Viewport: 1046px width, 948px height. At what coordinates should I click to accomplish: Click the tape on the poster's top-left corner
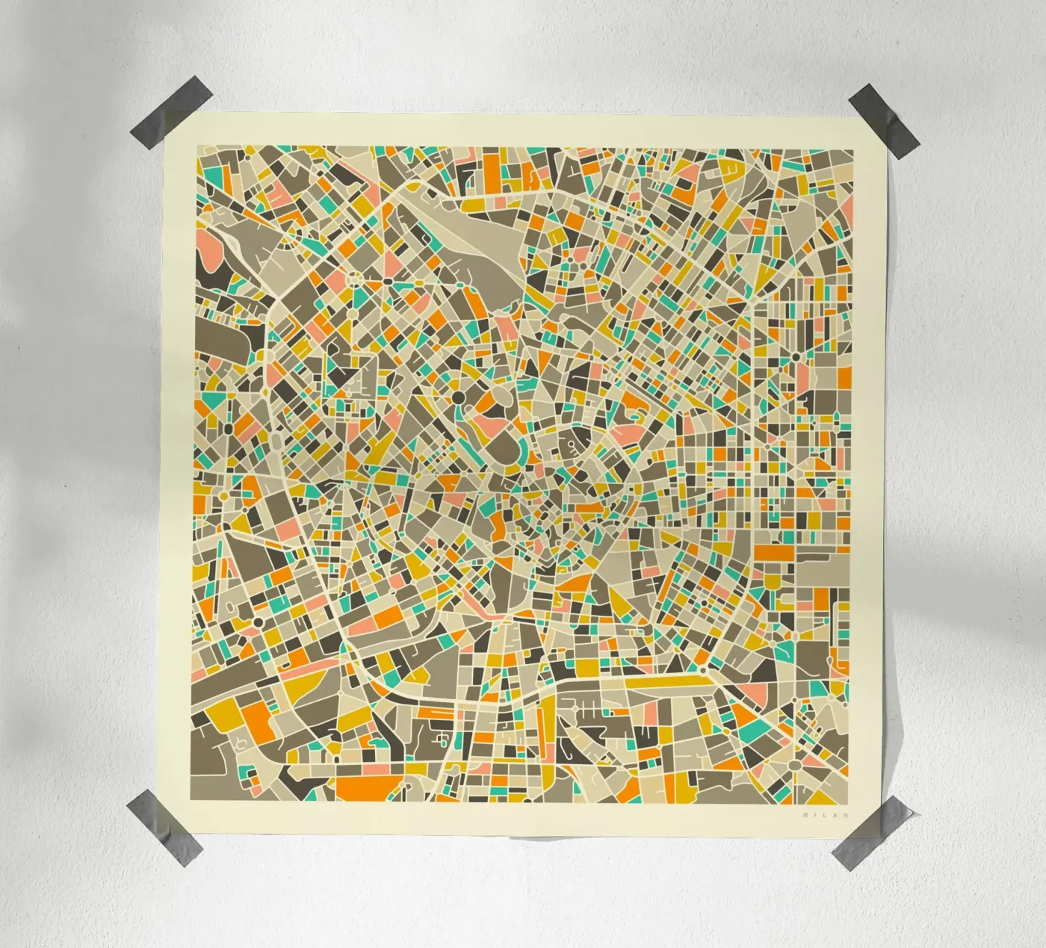coord(161,123)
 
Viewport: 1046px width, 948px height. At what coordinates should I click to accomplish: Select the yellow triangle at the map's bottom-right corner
coord(843,792)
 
